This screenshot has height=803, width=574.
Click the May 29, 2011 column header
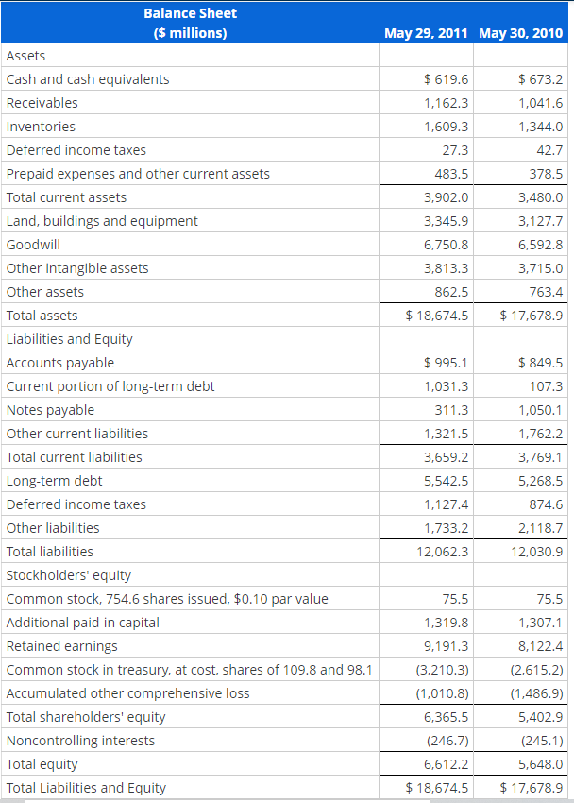tap(426, 33)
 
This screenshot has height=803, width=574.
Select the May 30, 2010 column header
tap(520, 33)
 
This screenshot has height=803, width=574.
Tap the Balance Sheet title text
tap(190, 13)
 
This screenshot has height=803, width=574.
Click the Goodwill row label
tap(33, 245)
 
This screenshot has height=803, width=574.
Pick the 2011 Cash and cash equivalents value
tap(446, 79)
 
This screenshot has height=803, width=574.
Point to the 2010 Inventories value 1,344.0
tap(541, 127)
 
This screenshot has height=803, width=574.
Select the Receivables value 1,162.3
tap(447, 103)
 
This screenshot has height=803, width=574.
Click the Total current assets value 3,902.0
tap(447, 197)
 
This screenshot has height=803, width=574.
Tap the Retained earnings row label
tap(62, 646)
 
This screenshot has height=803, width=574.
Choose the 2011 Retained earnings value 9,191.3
tap(447, 646)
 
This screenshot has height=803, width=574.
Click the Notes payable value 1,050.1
tap(541, 410)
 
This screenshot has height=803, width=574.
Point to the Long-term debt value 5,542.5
tap(447, 481)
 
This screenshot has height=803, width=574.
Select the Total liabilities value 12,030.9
tap(537, 552)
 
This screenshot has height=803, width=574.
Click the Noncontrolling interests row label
tap(80, 741)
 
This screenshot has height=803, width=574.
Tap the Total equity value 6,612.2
tap(447, 764)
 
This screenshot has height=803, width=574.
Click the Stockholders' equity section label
tap(69, 575)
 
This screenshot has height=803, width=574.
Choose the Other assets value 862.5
tap(452, 292)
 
